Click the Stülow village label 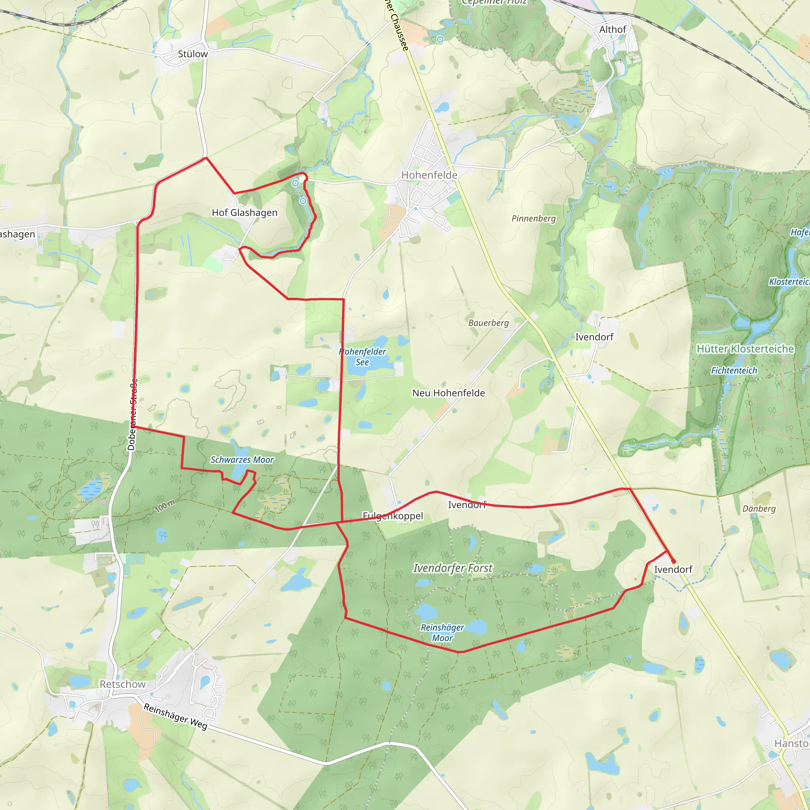[x=193, y=54]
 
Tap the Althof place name [x=612, y=29]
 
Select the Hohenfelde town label [x=429, y=175]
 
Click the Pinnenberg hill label [x=533, y=218]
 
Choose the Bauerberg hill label [x=488, y=323]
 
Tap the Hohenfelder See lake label [x=362, y=357]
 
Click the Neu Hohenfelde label [x=449, y=393]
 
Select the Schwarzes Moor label [x=242, y=460]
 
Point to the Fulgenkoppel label [x=393, y=516]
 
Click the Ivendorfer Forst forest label [x=453, y=568]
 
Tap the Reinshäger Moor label [x=442, y=633]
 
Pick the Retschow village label [x=123, y=684]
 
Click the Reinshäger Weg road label [x=176, y=716]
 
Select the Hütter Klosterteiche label [x=745, y=349]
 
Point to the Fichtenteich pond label [x=734, y=371]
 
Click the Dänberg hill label [x=759, y=509]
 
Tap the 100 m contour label [x=165, y=506]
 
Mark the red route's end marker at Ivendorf [x=673, y=561]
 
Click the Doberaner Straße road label [x=132, y=414]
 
